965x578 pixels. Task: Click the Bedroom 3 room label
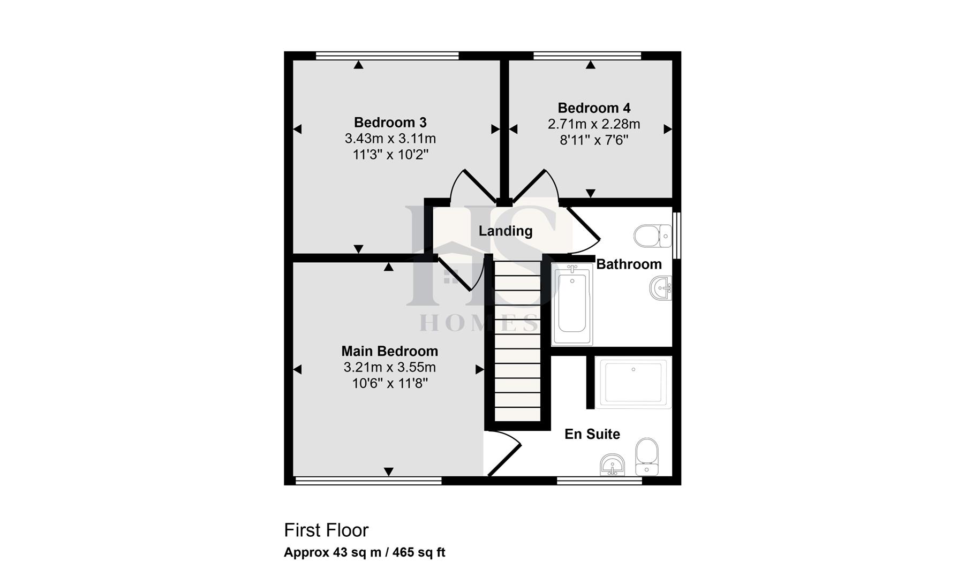[390, 123]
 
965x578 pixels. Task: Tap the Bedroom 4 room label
[594, 108]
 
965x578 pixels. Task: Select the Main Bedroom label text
[389, 351]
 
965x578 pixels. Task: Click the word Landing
[505, 231]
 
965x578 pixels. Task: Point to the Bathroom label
[629, 264]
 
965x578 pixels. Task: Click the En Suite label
[592, 434]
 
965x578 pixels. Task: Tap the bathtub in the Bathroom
[572, 303]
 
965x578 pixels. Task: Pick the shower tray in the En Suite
[634, 382]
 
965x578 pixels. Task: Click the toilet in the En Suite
[647, 456]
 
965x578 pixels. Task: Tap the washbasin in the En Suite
[612, 464]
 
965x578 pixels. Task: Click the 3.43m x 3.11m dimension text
[390, 139]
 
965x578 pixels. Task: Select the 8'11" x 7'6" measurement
[594, 140]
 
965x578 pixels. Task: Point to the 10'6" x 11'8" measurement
[389, 384]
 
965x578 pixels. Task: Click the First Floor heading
[326, 530]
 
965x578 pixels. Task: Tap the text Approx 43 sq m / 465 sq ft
[364, 552]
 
